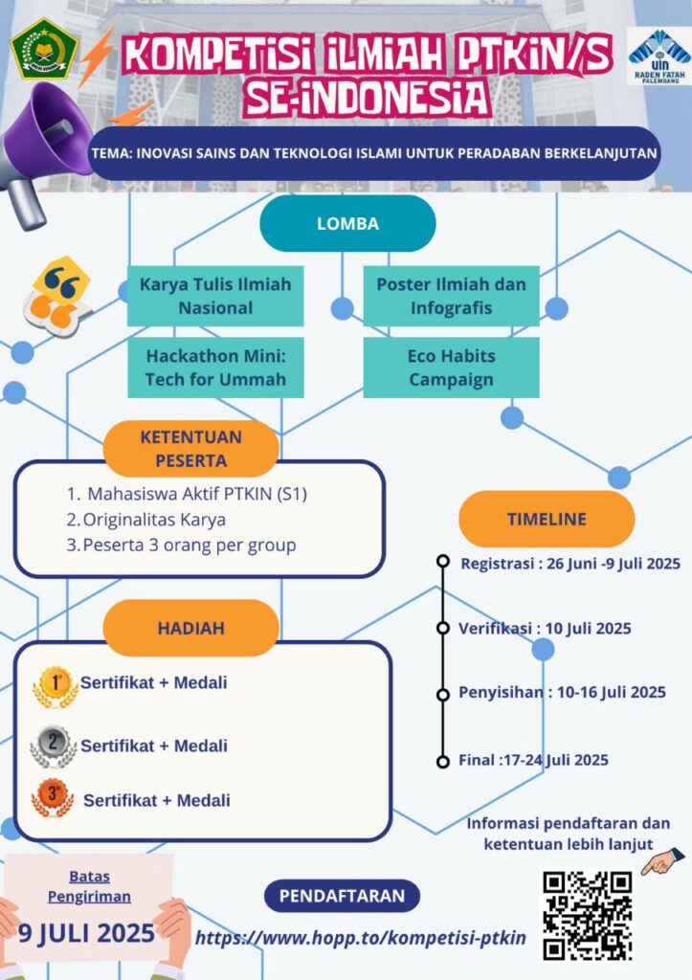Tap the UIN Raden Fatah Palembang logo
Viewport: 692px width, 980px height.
tap(659, 56)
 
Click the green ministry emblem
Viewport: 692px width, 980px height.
tap(44, 49)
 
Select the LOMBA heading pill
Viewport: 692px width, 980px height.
tap(347, 223)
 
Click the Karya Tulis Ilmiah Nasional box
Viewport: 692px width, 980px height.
tap(215, 296)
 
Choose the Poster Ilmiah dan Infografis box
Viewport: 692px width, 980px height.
tap(451, 296)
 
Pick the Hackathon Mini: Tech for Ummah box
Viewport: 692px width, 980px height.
tap(215, 367)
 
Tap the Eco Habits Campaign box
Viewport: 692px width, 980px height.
tap(451, 367)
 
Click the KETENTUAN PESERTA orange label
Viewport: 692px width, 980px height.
tap(190, 448)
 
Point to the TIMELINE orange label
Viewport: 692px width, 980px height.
tap(547, 519)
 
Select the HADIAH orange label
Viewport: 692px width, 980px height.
tap(190, 628)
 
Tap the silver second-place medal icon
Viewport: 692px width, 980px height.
tap(54, 746)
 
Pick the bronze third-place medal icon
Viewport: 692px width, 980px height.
tap(54, 798)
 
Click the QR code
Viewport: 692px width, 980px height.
tap(587, 915)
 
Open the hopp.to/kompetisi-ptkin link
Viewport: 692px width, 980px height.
tap(361, 938)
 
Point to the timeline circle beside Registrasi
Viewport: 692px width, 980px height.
tap(443, 561)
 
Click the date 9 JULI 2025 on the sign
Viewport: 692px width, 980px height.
tap(86, 932)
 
